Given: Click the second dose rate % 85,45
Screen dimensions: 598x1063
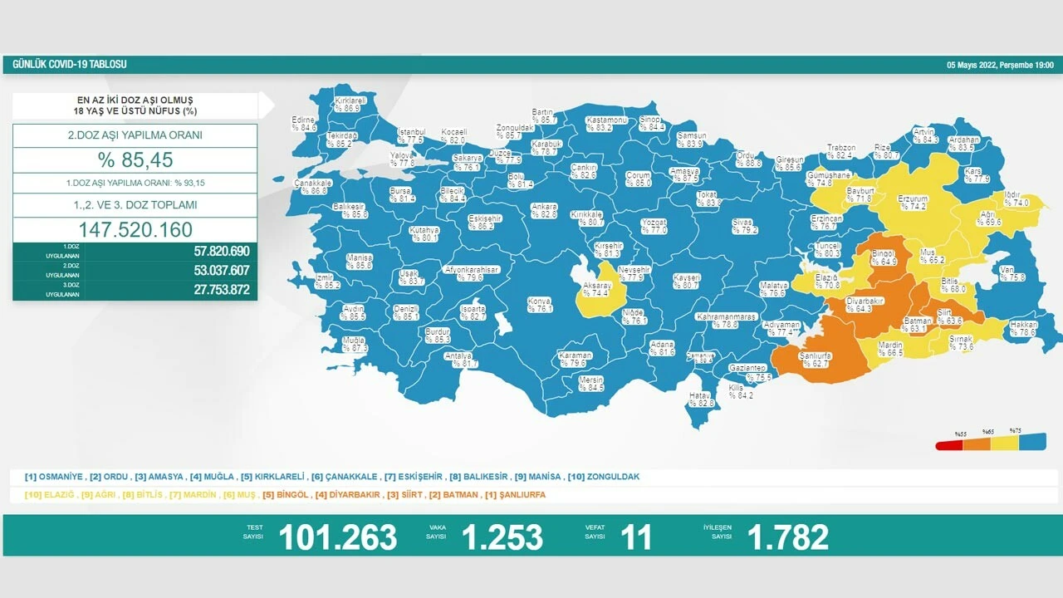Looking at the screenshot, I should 135,159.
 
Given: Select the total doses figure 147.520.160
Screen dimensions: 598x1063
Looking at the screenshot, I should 135,230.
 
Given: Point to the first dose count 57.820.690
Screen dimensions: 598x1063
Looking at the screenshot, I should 210,251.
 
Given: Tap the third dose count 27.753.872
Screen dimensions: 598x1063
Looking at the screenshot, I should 210,290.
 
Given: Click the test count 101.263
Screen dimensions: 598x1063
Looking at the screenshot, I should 337,537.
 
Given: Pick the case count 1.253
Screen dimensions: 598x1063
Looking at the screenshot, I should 502,537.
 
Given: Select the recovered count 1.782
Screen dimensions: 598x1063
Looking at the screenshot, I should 787,537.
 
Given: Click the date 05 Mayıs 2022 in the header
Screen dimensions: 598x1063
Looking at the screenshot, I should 972,65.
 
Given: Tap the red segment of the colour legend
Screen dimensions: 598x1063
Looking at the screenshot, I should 949,445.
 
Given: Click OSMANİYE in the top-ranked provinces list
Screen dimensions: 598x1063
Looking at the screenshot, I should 59,477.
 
